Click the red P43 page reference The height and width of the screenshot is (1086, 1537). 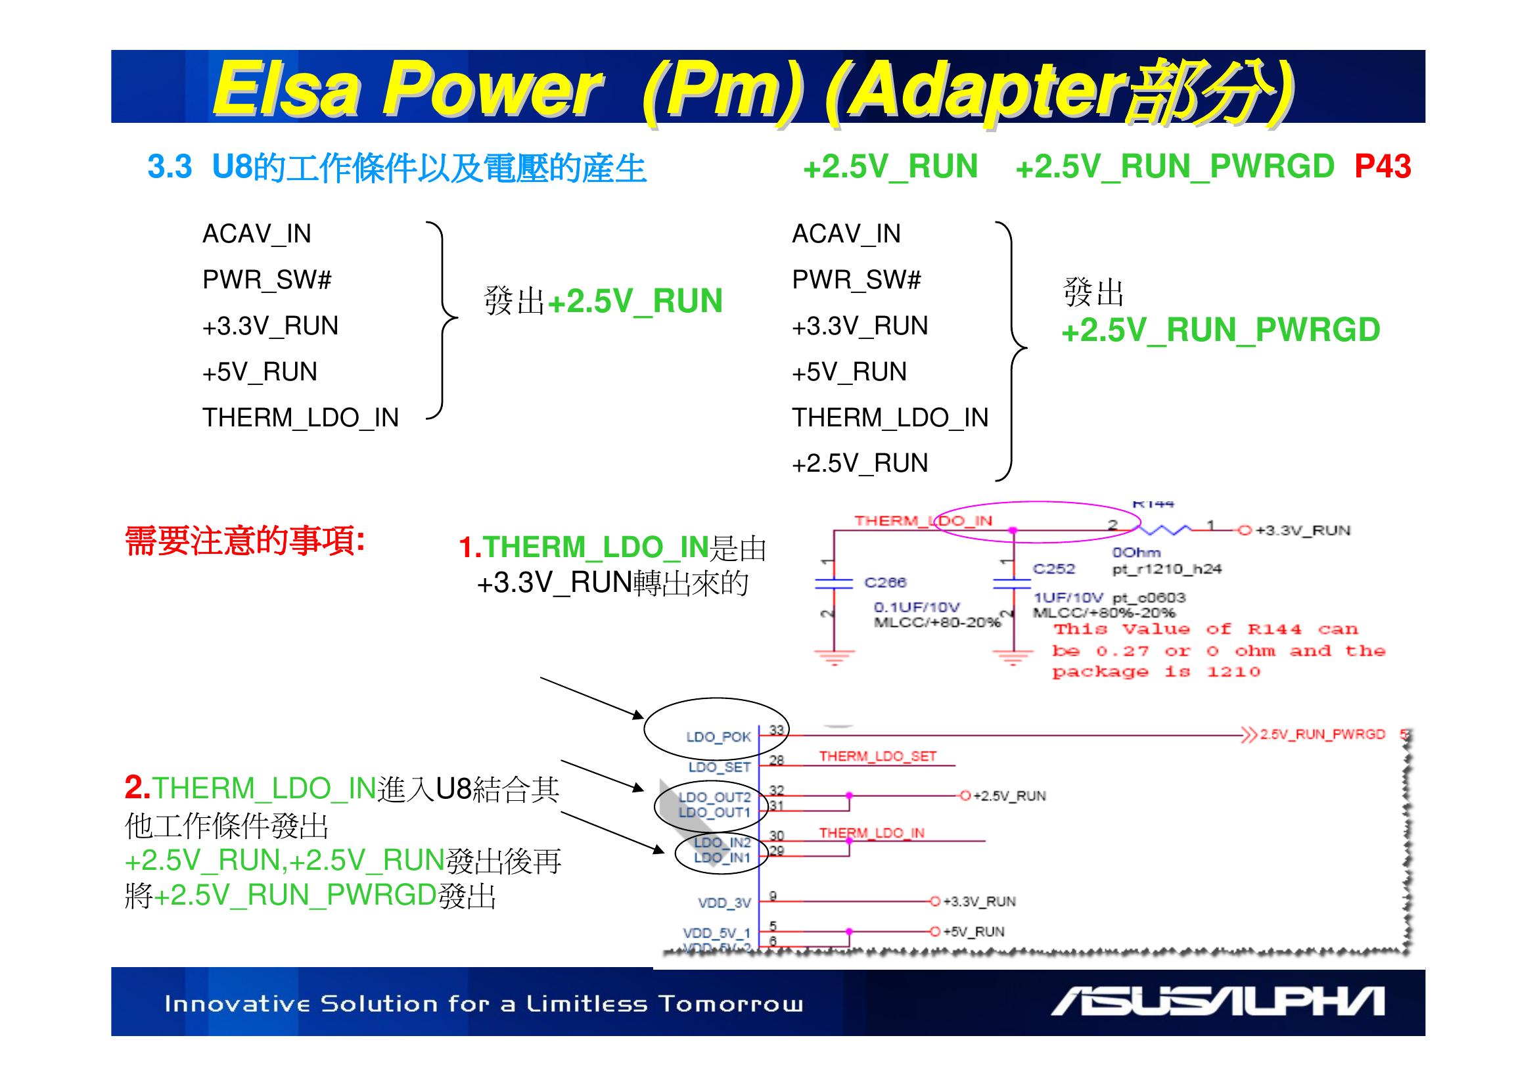coord(1383,167)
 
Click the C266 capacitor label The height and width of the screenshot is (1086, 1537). coord(885,582)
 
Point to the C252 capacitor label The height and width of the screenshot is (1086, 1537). coord(1053,569)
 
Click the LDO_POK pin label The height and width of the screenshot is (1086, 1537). coord(718,737)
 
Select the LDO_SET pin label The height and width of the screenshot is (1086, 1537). coord(720,767)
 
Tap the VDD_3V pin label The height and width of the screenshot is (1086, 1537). coord(724,903)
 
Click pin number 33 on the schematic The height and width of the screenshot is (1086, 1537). coord(776,729)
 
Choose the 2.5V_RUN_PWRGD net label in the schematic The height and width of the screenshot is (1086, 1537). coord(1322,734)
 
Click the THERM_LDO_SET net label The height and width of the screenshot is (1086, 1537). coord(878,756)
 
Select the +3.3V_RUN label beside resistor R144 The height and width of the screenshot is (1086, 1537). coord(1302,531)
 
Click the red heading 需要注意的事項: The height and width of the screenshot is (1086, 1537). coord(245,541)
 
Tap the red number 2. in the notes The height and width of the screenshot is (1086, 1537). coord(137,788)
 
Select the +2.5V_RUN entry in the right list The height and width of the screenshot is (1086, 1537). coord(860,463)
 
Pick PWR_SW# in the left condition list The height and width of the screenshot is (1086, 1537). coord(267,280)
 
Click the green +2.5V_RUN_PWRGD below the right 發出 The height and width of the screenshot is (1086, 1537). coord(1220,330)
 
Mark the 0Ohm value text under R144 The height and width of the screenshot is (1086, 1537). coord(1136,553)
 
